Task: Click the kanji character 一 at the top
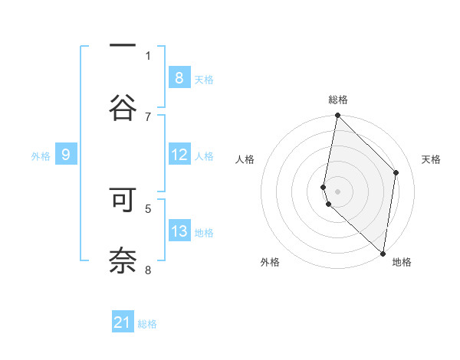(123, 44)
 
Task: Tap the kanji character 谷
(123, 106)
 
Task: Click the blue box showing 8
(179, 77)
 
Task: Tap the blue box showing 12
(179, 155)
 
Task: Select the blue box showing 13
(179, 231)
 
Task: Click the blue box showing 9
(66, 155)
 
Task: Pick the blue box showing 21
(123, 322)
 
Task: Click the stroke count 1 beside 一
(148, 55)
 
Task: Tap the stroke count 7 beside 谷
(148, 116)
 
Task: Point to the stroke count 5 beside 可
(148, 208)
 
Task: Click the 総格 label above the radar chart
(338, 100)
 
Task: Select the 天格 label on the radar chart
(432, 159)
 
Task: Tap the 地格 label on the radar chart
(402, 262)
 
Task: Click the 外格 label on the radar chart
(270, 262)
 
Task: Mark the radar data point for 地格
(383, 253)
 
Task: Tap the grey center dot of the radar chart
(338, 191)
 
